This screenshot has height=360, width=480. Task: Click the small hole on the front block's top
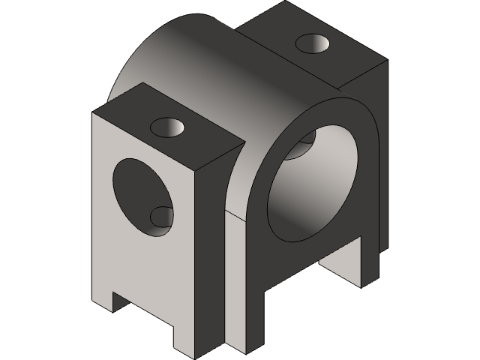tap(170, 127)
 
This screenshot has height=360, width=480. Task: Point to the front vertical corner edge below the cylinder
tap(225, 285)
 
